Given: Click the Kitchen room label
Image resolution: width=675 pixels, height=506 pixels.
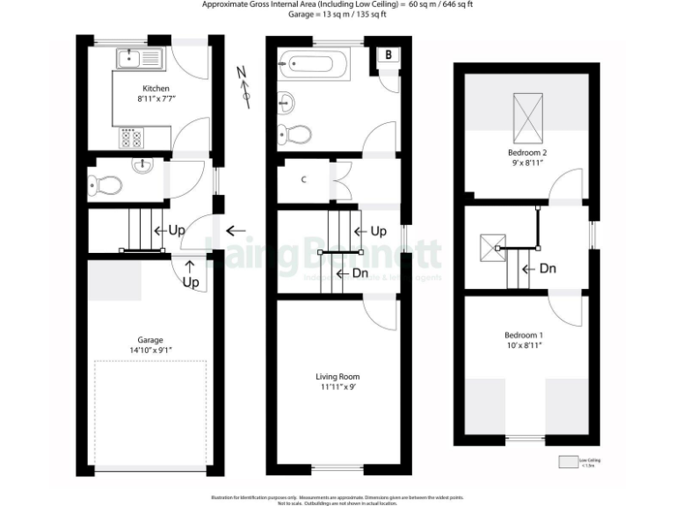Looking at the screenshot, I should click(x=156, y=89).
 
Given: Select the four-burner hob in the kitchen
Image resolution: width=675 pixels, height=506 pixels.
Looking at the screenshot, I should click(x=131, y=137).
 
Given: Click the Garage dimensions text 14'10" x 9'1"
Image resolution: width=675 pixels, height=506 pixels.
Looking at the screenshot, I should click(x=149, y=351).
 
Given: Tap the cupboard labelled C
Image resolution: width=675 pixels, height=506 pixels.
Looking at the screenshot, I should click(x=304, y=180).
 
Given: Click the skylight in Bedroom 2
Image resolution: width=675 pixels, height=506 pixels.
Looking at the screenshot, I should click(x=527, y=114).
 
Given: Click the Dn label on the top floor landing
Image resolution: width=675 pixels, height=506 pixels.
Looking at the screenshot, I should click(x=546, y=269).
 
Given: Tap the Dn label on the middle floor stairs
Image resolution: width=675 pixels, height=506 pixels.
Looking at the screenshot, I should click(x=359, y=273).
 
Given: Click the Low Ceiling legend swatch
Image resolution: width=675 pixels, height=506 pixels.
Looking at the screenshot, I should click(x=569, y=462).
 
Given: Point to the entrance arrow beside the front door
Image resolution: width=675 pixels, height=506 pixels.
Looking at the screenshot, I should click(x=235, y=231).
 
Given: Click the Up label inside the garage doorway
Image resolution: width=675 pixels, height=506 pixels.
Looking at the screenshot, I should click(x=191, y=282).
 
